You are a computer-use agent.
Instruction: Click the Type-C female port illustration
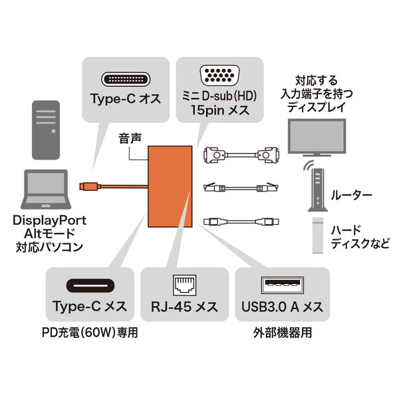point(89,287)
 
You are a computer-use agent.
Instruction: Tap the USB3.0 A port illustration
point(279,287)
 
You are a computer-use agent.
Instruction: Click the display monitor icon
point(316,139)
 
